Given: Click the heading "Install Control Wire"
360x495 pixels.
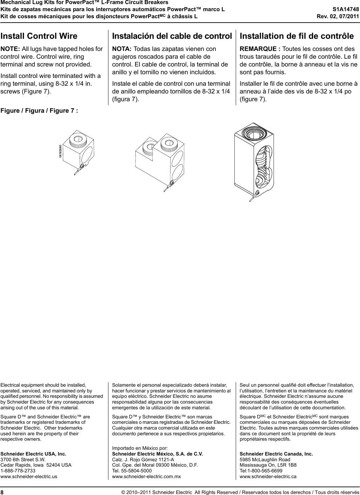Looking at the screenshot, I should [39, 36].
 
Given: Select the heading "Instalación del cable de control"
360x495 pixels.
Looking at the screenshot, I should [172, 36].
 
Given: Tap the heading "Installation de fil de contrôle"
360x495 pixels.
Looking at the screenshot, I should [297, 36].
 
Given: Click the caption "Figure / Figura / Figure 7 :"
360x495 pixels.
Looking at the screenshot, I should [39, 111].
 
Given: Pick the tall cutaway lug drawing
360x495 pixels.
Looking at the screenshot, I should [254, 159].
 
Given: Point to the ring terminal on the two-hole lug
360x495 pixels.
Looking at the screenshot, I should [172, 184].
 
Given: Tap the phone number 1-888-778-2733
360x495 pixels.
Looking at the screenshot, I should [18, 471].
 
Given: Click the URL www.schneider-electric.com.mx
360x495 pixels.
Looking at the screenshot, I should [146, 476].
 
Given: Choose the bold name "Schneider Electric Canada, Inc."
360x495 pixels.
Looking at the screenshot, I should [276, 454].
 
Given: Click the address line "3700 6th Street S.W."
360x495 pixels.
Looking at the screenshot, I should [23, 460].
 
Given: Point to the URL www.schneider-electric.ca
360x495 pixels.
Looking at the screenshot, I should [268, 476].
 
